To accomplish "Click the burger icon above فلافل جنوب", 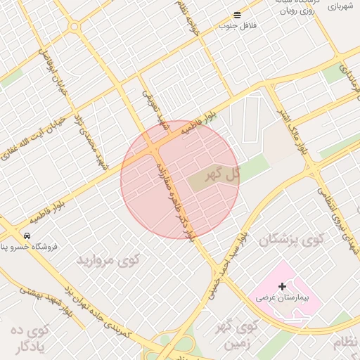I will (237, 14).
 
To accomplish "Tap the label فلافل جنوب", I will (238, 25).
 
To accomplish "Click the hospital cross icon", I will (283, 286).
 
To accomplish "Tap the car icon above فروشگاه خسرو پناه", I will (27, 235).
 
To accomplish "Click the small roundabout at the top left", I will (74, 27).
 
